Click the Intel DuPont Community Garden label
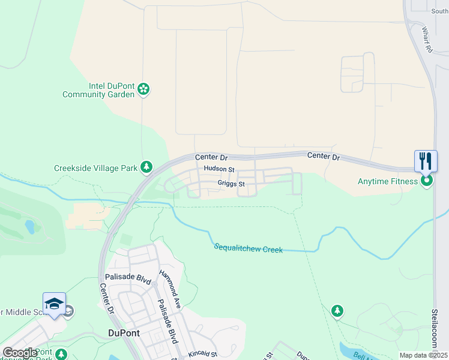98,89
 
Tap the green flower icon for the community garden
143,89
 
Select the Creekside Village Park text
95,169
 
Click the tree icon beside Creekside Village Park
146,166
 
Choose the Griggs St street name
231,184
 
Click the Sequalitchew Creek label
248,248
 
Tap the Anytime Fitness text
387,181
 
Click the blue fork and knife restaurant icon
426,160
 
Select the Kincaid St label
202,355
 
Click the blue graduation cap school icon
54,304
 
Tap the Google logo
20,353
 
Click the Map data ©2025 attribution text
423,355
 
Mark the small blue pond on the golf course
29,227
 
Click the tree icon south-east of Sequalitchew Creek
337,310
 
